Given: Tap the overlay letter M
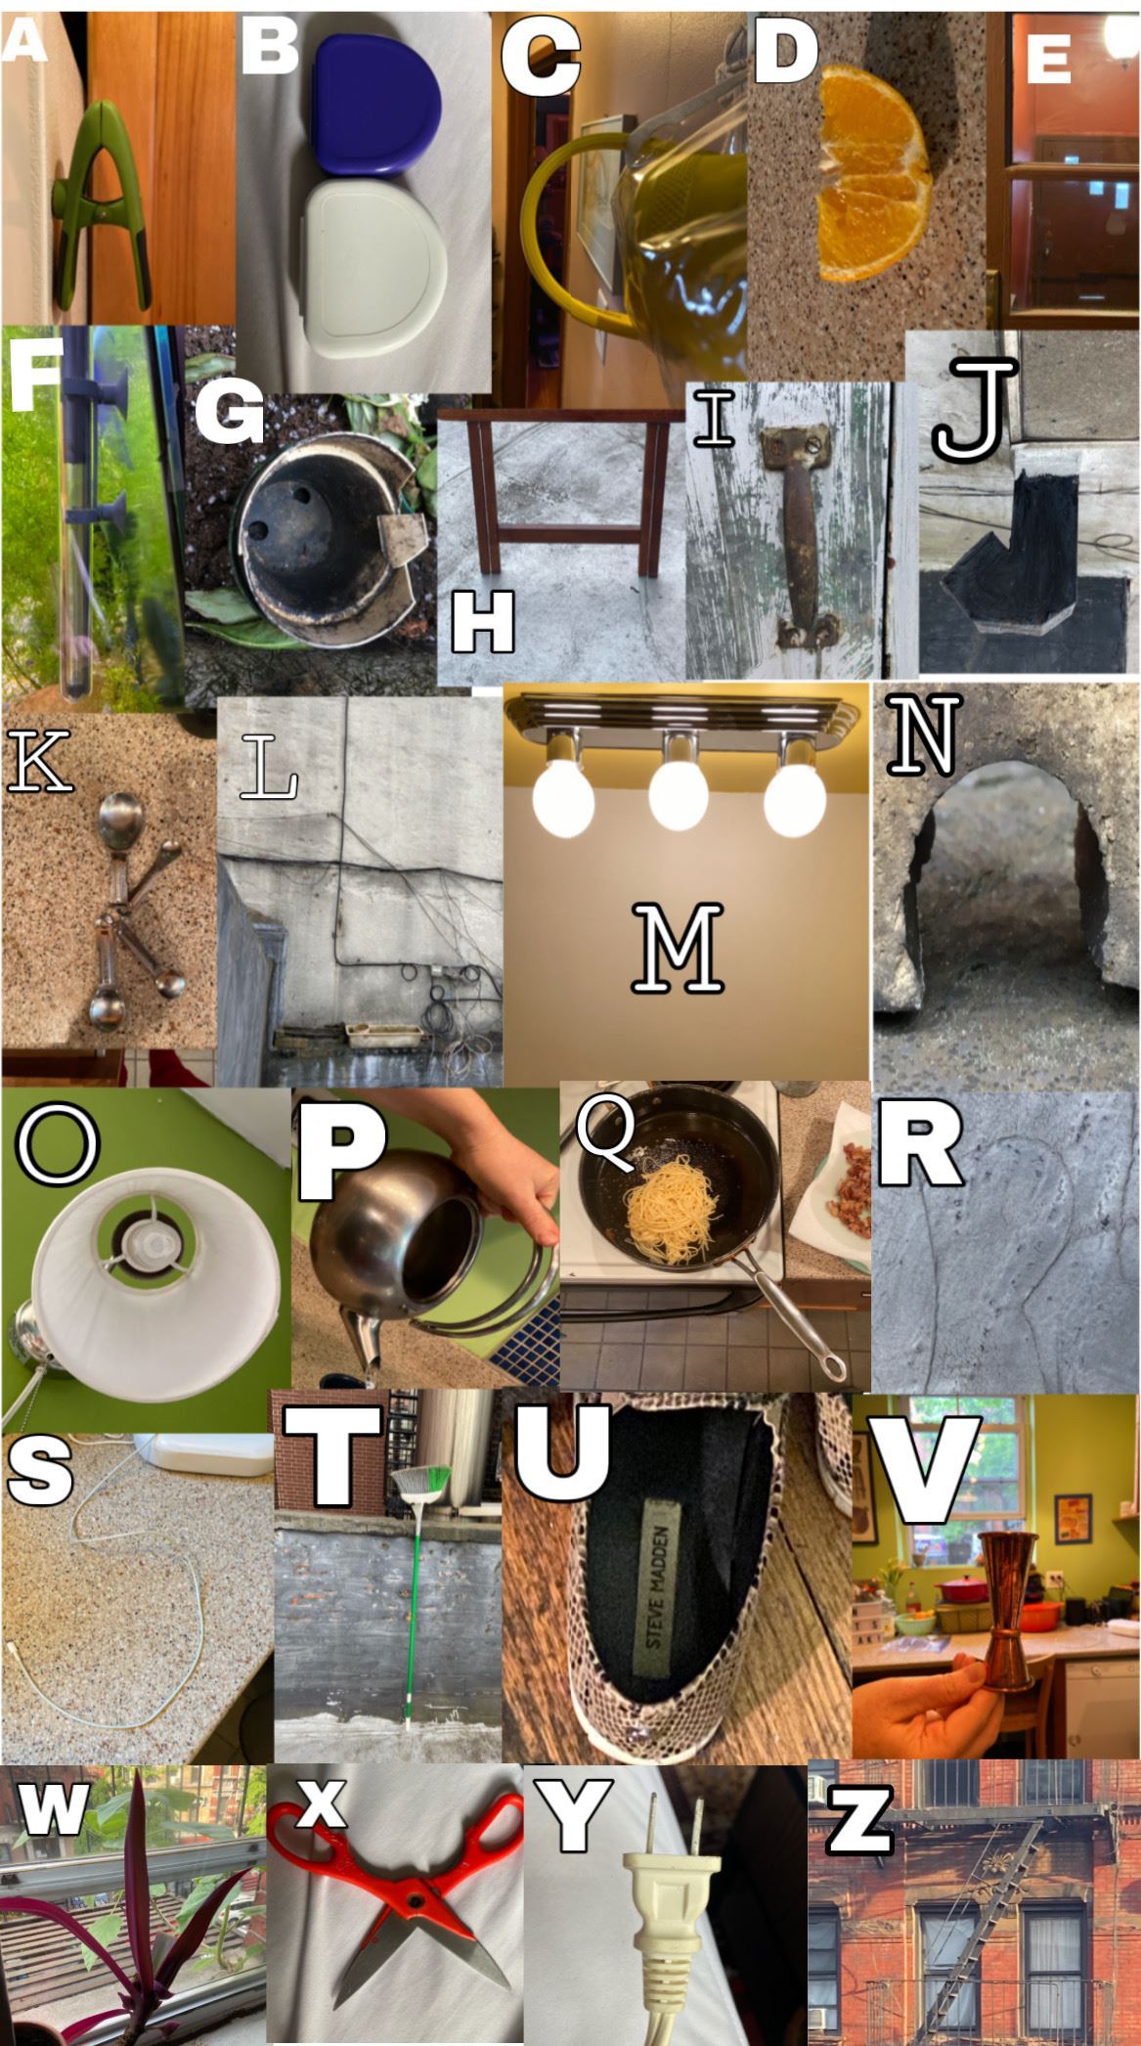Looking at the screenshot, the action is pos(678,947).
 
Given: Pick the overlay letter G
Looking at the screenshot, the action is pos(230,412).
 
